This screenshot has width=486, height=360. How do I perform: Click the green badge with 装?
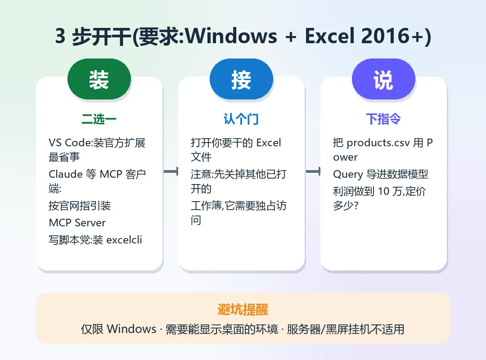(x=99, y=79)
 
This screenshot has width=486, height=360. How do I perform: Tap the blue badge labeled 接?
(x=242, y=79)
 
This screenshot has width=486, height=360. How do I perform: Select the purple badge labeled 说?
(x=383, y=79)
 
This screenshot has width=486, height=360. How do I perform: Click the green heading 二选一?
(x=99, y=119)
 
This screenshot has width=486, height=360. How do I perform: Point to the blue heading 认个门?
(x=241, y=119)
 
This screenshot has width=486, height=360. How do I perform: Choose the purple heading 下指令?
(x=383, y=119)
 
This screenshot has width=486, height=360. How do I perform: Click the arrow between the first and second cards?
(x=171, y=171)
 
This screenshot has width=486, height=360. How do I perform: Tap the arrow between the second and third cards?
(x=313, y=171)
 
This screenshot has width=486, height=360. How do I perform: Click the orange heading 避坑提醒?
(x=243, y=310)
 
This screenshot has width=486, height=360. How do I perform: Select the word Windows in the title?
(x=231, y=36)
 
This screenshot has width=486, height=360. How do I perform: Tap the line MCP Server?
(x=77, y=223)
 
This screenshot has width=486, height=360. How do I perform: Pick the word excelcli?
(x=124, y=240)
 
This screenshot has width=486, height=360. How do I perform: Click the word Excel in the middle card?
(x=269, y=143)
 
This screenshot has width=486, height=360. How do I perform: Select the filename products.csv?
(x=378, y=143)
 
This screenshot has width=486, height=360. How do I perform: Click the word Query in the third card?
(x=348, y=174)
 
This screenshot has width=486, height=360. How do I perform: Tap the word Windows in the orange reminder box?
(x=131, y=329)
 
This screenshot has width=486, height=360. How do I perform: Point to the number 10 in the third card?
(x=383, y=191)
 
